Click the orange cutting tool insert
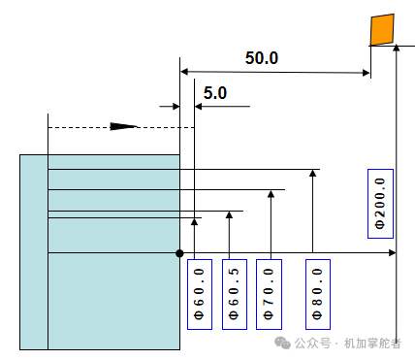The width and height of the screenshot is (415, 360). click(x=382, y=29)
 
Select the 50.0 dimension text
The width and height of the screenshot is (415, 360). click(x=262, y=58)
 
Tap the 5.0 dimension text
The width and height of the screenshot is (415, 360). click(x=215, y=93)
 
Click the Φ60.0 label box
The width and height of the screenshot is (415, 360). click(x=200, y=294)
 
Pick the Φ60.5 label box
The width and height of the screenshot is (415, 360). click(x=235, y=294)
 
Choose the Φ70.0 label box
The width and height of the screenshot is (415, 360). click(x=269, y=294)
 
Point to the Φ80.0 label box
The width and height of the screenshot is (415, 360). click(x=318, y=294)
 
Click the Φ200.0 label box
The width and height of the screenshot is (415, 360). click(x=380, y=204)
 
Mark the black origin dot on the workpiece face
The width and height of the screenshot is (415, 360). click(x=179, y=253)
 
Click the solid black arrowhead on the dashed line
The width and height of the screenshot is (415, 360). click(x=123, y=126)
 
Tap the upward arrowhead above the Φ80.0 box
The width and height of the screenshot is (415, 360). click(x=312, y=173)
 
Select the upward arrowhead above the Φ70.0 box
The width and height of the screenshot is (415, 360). click(x=271, y=194)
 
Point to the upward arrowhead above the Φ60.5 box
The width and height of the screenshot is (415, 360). click(x=229, y=214)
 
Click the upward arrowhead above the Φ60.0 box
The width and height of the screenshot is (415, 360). click(x=194, y=221)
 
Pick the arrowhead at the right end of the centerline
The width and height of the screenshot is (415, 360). click(x=392, y=252)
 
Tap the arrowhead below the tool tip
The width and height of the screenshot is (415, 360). click(x=397, y=49)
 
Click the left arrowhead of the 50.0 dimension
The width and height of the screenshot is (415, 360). click(x=184, y=72)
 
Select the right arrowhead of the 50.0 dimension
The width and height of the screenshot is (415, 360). click(x=367, y=73)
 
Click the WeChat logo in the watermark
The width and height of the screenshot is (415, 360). click(x=282, y=343)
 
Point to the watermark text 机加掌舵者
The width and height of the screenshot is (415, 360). click(x=372, y=344)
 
